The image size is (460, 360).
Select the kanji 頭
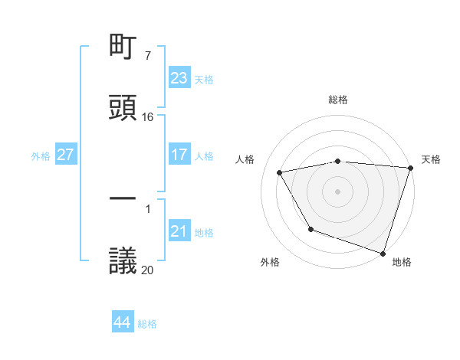[123, 108]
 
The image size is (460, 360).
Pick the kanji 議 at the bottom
[123, 260]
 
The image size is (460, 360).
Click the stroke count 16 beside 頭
[148, 117]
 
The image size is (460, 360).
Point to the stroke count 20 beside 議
[148, 270]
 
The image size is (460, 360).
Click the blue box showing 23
[179, 78]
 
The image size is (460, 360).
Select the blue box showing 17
[179, 155]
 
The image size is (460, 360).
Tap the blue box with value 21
[179, 231]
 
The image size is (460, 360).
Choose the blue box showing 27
[66, 155]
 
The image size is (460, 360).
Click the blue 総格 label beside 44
[147, 324]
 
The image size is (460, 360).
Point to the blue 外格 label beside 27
[41, 156]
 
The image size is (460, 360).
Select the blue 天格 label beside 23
[204, 80]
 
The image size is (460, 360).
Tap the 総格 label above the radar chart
[338, 100]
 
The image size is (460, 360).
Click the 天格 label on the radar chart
[431, 159]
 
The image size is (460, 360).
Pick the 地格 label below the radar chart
[402, 263]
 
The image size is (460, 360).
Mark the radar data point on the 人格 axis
[280, 172]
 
